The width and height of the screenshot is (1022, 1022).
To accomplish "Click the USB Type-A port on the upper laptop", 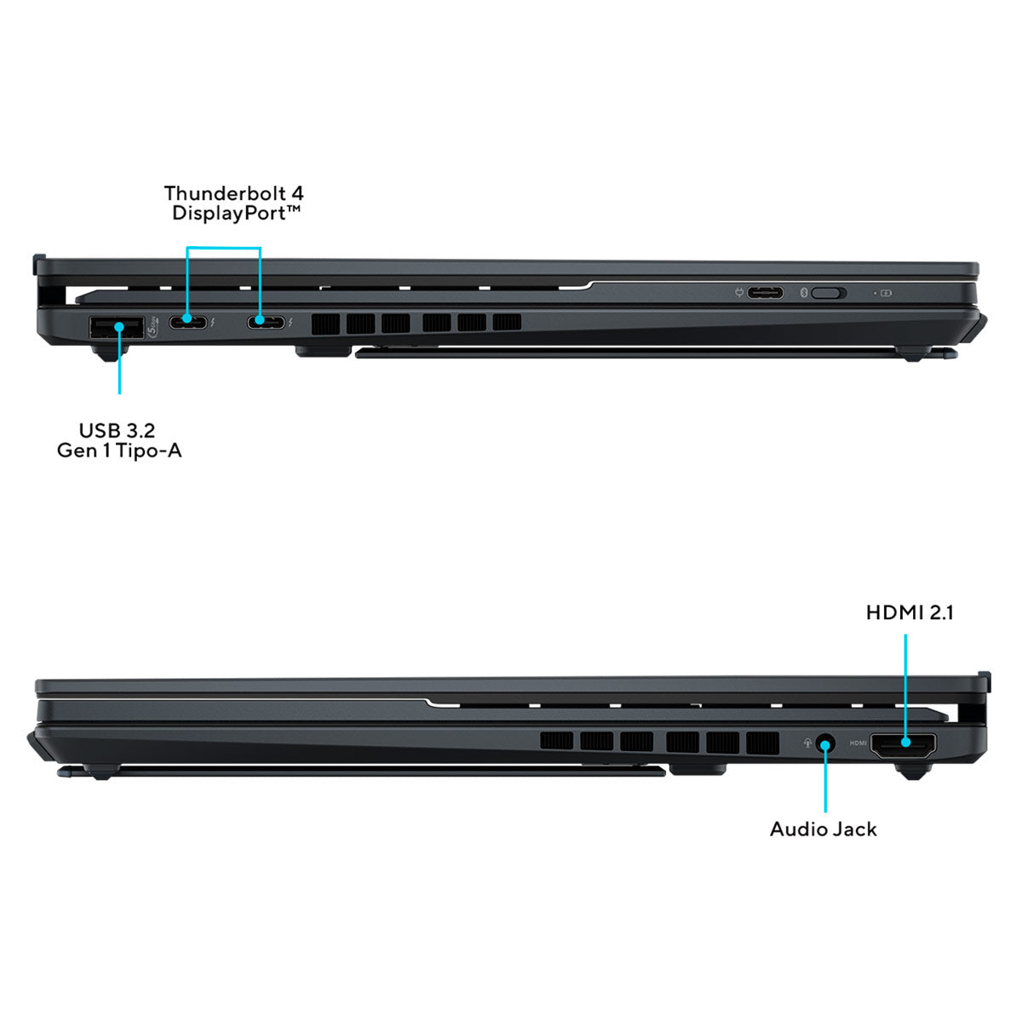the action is coord(117,327).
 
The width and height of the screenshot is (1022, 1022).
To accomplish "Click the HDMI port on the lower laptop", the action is coord(903,745).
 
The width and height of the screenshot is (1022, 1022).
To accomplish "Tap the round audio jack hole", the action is coord(824,744).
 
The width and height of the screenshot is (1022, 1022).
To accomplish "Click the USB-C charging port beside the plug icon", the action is coord(765,292).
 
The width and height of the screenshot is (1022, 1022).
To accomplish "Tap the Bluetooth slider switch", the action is coord(829,293).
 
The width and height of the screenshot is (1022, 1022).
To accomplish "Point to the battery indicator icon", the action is coord(886,293).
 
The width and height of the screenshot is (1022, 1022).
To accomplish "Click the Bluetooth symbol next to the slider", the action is coord(803,293).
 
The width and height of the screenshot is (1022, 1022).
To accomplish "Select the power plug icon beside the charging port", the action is coord(738,292).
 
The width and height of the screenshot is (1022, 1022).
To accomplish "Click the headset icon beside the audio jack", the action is coord(807,743).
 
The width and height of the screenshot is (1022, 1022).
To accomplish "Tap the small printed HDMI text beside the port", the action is coord(858,743).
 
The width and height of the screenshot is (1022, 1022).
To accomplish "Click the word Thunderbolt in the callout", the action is coord(225,193).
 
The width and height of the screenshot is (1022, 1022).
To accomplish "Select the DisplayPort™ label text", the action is coord(237,213).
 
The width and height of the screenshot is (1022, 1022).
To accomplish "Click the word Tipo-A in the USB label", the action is coord(148,451).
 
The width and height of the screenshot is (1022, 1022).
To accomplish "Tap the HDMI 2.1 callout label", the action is coord(910,612).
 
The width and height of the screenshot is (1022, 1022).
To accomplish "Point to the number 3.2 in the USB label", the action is coord(140,431).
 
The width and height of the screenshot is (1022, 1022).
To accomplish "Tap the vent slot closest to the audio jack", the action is coord(762,743).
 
